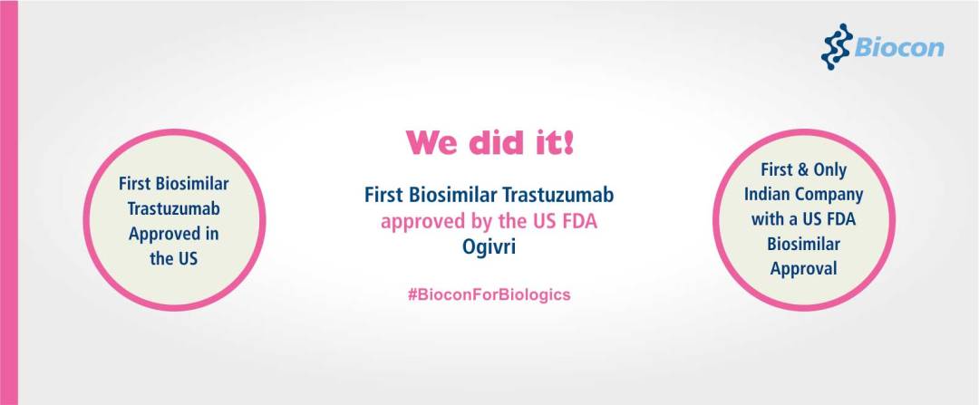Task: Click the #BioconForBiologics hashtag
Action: (x=489, y=294)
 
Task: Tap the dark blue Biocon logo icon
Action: (x=837, y=47)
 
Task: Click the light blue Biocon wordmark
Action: (x=899, y=48)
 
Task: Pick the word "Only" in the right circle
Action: (x=829, y=169)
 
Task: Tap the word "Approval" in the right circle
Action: (x=803, y=270)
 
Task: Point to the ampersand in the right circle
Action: (x=800, y=169)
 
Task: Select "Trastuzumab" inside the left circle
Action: (x=174, y=209)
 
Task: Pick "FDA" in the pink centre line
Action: (x=581, y=222)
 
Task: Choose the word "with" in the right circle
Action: (x=766, y=219)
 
